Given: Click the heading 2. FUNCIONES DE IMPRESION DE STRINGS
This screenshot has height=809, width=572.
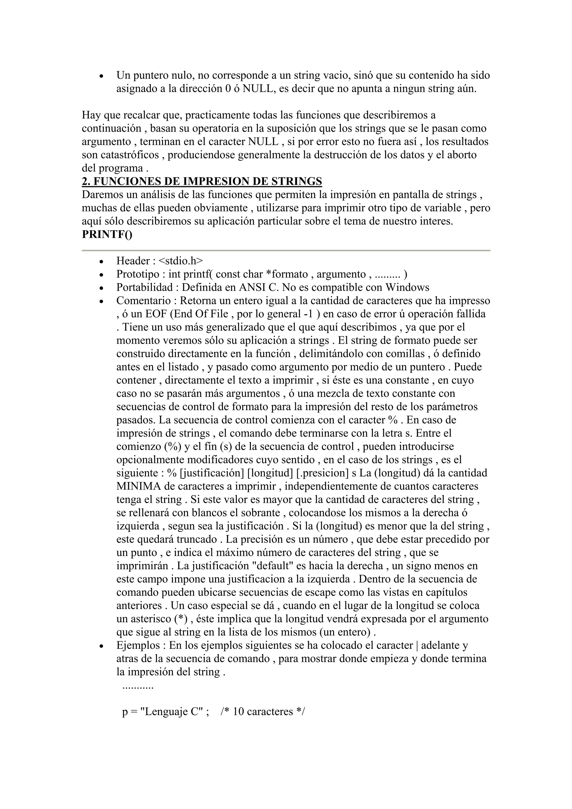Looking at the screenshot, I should coord(202,181).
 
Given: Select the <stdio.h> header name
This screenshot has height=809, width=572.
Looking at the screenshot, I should coord(181,261).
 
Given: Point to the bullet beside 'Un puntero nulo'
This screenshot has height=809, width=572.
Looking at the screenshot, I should coord(101,76).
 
